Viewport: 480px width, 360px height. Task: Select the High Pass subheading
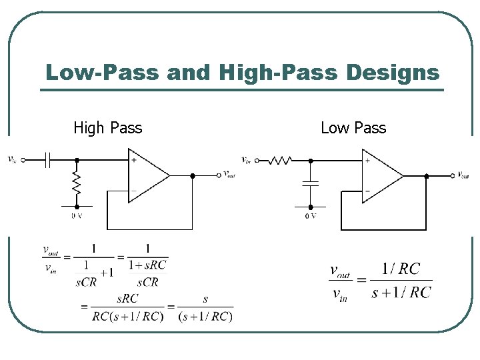(107, 127)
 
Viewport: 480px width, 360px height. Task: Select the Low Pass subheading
(353, 127)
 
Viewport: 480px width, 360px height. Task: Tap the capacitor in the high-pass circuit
(48, 160)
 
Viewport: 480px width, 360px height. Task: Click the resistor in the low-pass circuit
(281, 160)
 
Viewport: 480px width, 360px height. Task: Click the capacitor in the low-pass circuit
(310, 182)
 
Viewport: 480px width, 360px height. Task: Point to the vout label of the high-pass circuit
(229, 175)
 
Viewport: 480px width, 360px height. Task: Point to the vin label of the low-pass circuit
(247, 160)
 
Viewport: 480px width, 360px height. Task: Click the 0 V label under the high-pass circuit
(77, 215)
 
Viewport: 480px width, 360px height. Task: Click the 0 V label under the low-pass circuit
(311, 215)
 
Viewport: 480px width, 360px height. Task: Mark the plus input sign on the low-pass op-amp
(367, 161)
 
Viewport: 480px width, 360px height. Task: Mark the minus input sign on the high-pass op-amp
(133, 191)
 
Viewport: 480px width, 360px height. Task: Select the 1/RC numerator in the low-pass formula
(401, 269)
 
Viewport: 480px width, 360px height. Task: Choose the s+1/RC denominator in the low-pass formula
(401, 292)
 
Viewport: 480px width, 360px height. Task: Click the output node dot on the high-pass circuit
(192, 175)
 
